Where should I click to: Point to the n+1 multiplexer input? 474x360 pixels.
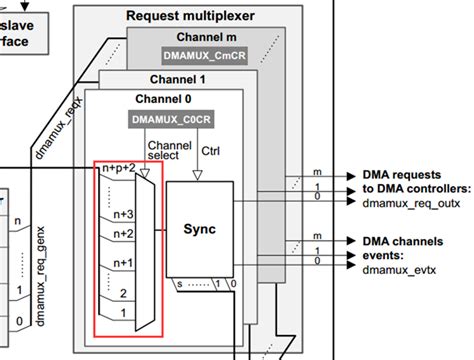pos(121,261)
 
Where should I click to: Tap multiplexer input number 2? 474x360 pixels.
pos(123,295)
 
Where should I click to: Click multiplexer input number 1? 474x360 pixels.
pos(123,313)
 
